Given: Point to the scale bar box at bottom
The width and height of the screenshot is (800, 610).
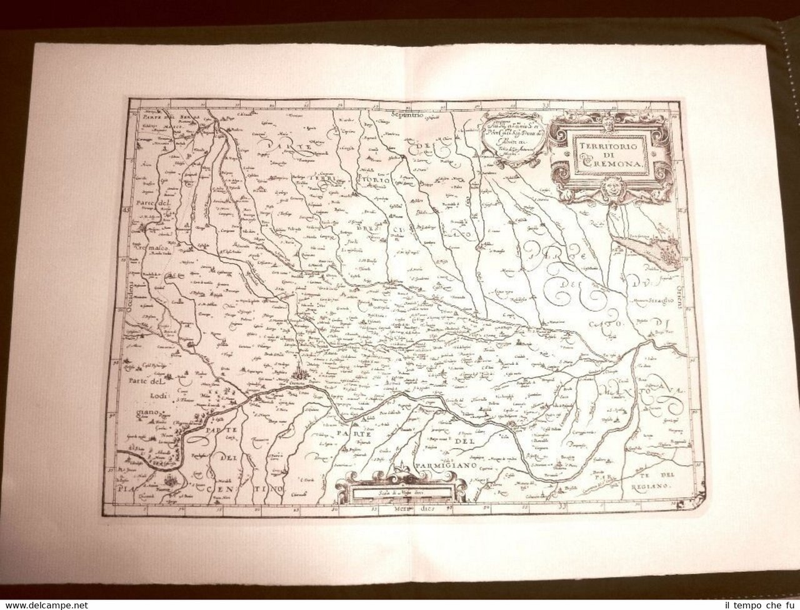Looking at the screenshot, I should click(400, 491).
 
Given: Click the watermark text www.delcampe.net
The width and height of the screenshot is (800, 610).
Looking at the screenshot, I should click(44, 605).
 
